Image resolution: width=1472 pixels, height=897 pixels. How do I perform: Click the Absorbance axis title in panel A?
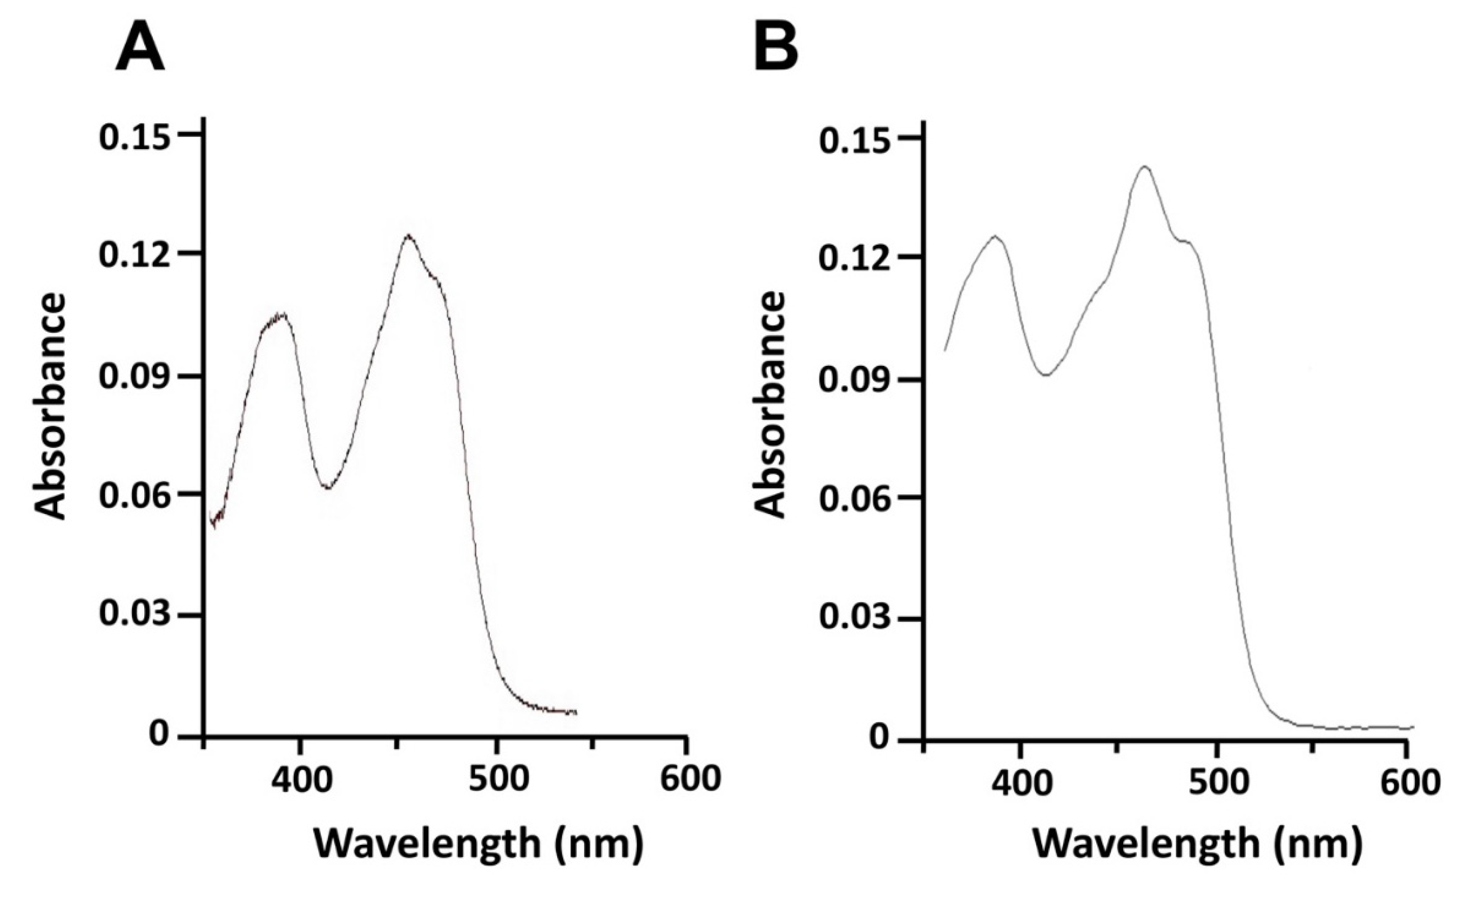point(49,406)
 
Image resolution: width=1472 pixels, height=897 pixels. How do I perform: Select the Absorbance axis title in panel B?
point(769,406)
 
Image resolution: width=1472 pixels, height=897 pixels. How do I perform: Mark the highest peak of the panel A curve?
point(409,236)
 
